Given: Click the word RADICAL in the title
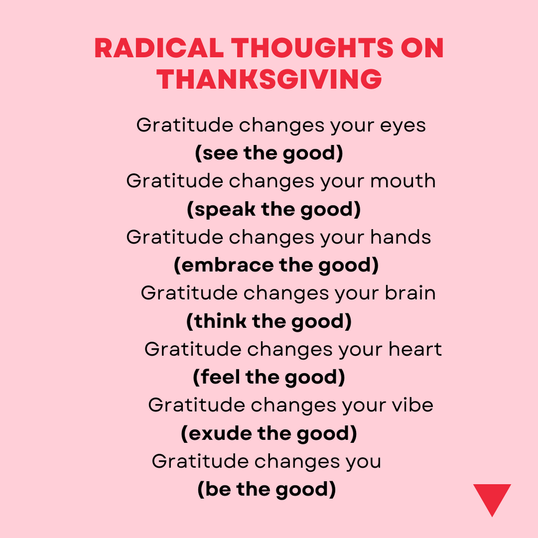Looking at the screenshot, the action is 159,48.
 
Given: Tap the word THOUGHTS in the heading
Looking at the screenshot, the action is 312,48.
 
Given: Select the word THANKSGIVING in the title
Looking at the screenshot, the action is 270,79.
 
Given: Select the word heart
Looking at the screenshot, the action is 415,349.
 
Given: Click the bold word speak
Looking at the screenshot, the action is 225,209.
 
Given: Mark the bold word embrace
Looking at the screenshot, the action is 227,265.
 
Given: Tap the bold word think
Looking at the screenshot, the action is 220,321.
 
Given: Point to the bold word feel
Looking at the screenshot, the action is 220,377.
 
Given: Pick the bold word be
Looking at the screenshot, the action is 218,489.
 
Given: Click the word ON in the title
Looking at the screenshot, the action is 422,48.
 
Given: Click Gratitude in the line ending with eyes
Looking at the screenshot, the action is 185,125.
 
